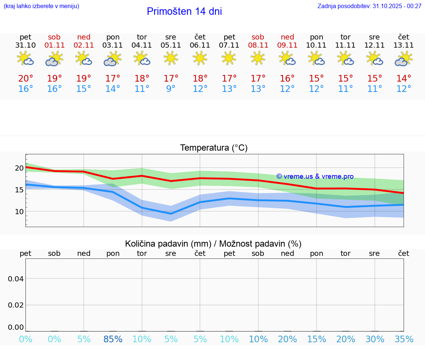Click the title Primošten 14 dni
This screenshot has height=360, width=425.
pos(184,11)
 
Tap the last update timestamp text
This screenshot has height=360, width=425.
pos(369,6)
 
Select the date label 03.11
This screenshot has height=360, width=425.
pos(113,45)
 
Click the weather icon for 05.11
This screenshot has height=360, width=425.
pos(171,58)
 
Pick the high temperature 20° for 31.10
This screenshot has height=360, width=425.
pos(25,79)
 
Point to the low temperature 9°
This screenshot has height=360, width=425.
pos(171,89)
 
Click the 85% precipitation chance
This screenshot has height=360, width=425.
pos(113,339)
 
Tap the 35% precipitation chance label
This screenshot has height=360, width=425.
pos(404,339)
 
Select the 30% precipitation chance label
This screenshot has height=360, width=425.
pos(375,339)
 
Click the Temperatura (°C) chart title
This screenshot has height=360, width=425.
pos(214,148)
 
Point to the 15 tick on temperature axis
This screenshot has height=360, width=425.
pos(19,190)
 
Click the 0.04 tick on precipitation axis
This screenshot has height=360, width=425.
pos(16,279)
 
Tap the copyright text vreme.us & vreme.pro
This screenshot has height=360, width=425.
pos(315,176)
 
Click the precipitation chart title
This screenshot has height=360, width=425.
pos(213,244)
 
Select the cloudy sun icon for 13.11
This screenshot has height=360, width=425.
pos(404,58)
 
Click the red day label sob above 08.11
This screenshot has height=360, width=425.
pos(258,37)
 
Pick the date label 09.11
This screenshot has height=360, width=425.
pos(287,45)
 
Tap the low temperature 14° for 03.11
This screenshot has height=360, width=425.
pos(113,89)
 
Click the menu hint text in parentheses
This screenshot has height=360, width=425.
pos(41,6)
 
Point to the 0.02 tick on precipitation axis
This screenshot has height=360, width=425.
pos(16,305)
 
